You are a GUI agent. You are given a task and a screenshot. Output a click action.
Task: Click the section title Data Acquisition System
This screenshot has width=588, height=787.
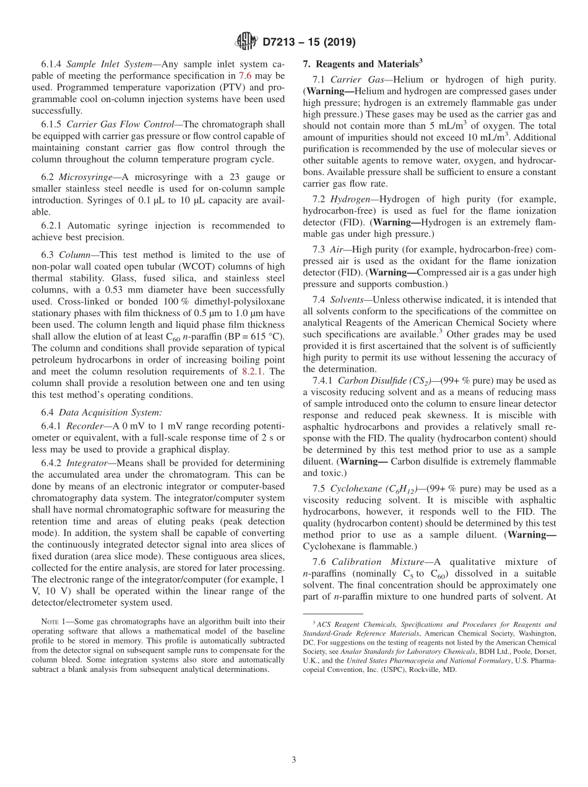[95, 413]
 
